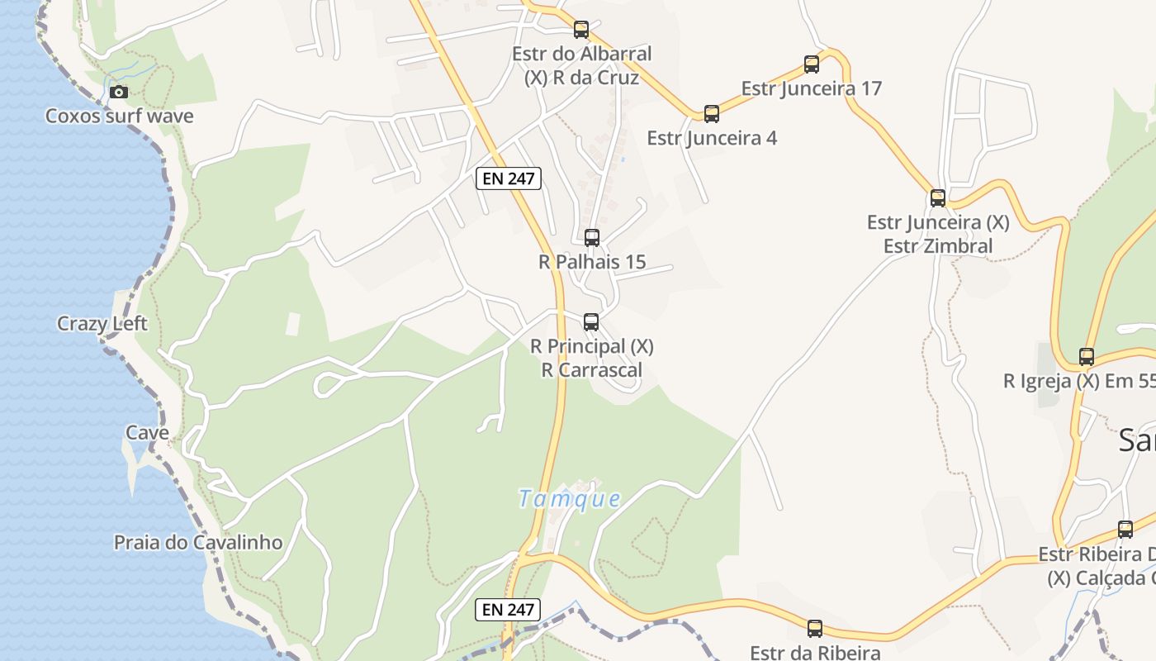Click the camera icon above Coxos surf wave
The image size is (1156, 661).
click(119, 92)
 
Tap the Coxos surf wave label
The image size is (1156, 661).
click(119, 116)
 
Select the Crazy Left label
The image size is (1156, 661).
click(102, 324)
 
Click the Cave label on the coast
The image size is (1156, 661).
click(147, 432)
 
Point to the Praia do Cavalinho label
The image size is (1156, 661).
click(198, 543)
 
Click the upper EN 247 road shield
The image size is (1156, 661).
click(508, 178)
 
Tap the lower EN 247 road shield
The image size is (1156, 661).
click(508, 610)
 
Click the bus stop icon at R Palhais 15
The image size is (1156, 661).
click(592, 238)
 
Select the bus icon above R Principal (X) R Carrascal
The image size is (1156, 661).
click(591, 322)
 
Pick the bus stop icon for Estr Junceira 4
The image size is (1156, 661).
click(712, 114)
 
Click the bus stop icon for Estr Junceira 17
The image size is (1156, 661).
click(812, 64)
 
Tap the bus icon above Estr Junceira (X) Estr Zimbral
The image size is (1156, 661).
click(938, 198)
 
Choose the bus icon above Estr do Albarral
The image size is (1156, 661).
click(581, 31)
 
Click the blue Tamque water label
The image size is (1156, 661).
click(569, 499)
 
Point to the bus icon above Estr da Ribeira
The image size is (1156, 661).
click(815, 629)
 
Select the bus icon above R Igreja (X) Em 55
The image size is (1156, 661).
click(1087, 357)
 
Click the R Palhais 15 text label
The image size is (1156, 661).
click(592, 263)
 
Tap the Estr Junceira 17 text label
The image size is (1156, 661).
click(812, 88)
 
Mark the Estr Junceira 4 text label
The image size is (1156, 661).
click(712, 138)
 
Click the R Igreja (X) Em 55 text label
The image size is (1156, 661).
click(1078, 381)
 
